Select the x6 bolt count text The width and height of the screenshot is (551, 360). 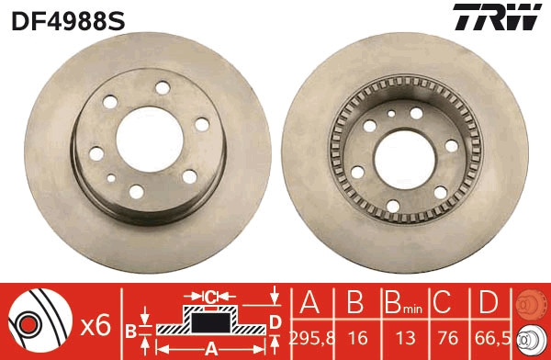point(96,323)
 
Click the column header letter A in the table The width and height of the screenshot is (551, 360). point(309,303)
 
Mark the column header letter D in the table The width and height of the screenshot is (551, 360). point(487,303)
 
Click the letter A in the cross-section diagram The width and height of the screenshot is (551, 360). point(209,348)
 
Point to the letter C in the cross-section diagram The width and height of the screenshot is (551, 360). point(211,297)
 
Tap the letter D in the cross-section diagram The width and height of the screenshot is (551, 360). point(275,321)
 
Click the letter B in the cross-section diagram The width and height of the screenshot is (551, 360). point(130,330)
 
